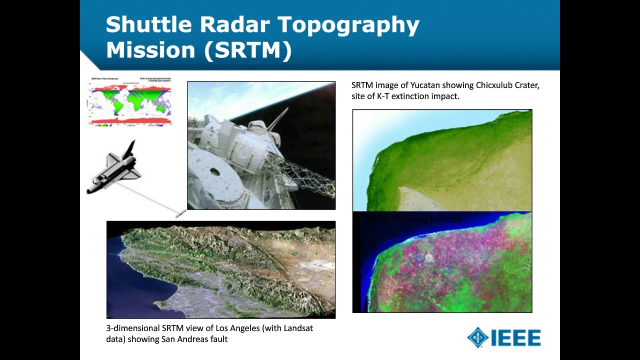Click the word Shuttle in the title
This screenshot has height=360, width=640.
click(x=148, y=24)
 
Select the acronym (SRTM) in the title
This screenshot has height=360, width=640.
click(x=247, y=50)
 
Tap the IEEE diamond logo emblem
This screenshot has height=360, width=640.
click(x=477, y=338)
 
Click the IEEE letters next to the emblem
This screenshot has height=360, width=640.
click(x=515, y=338)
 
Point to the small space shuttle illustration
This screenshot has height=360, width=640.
click(x=115, y=167)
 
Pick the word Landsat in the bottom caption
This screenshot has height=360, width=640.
click(x=298, y=328)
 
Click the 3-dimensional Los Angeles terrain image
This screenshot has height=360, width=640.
click(x=220, y=269)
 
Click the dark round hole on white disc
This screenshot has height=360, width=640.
click(x=214, y=172)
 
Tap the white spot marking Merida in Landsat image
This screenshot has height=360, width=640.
click(x=428, y=257)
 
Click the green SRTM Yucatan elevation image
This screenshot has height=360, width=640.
click(x=442, y=160)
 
